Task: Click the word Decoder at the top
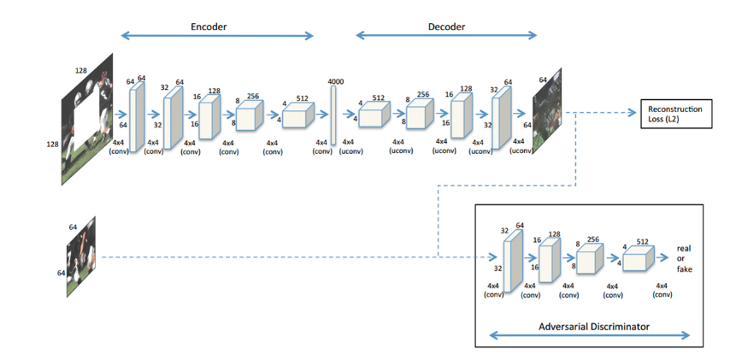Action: pos(446,27)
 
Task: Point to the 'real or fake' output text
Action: pos(684,257)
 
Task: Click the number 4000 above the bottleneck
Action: pos(335,81)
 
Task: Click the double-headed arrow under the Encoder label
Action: pos(217,36)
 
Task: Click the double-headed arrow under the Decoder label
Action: pos(446,36)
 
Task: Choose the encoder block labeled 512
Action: pos(298,115)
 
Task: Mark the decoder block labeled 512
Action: pos(374,115)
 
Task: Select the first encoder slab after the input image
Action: pos(134,115)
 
